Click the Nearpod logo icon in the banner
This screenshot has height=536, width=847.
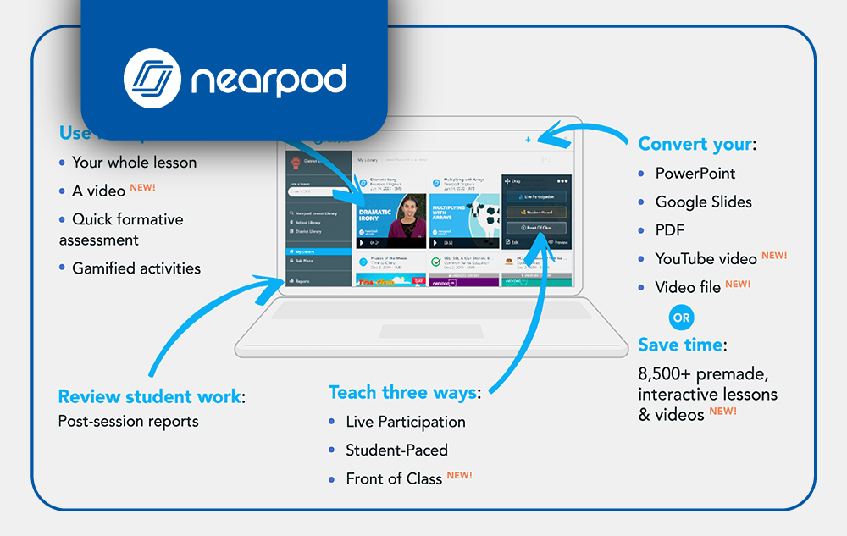153,80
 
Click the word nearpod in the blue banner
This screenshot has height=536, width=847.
268,80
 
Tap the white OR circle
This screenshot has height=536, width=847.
681,318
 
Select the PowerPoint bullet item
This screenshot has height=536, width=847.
695,174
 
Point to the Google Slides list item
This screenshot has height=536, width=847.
703,202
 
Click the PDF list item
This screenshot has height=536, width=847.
669,230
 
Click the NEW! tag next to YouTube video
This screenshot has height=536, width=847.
774,256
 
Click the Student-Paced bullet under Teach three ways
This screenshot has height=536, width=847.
396,450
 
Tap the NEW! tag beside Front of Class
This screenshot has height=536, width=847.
459,476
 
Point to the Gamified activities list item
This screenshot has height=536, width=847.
136,268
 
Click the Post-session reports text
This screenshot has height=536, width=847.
128,422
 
